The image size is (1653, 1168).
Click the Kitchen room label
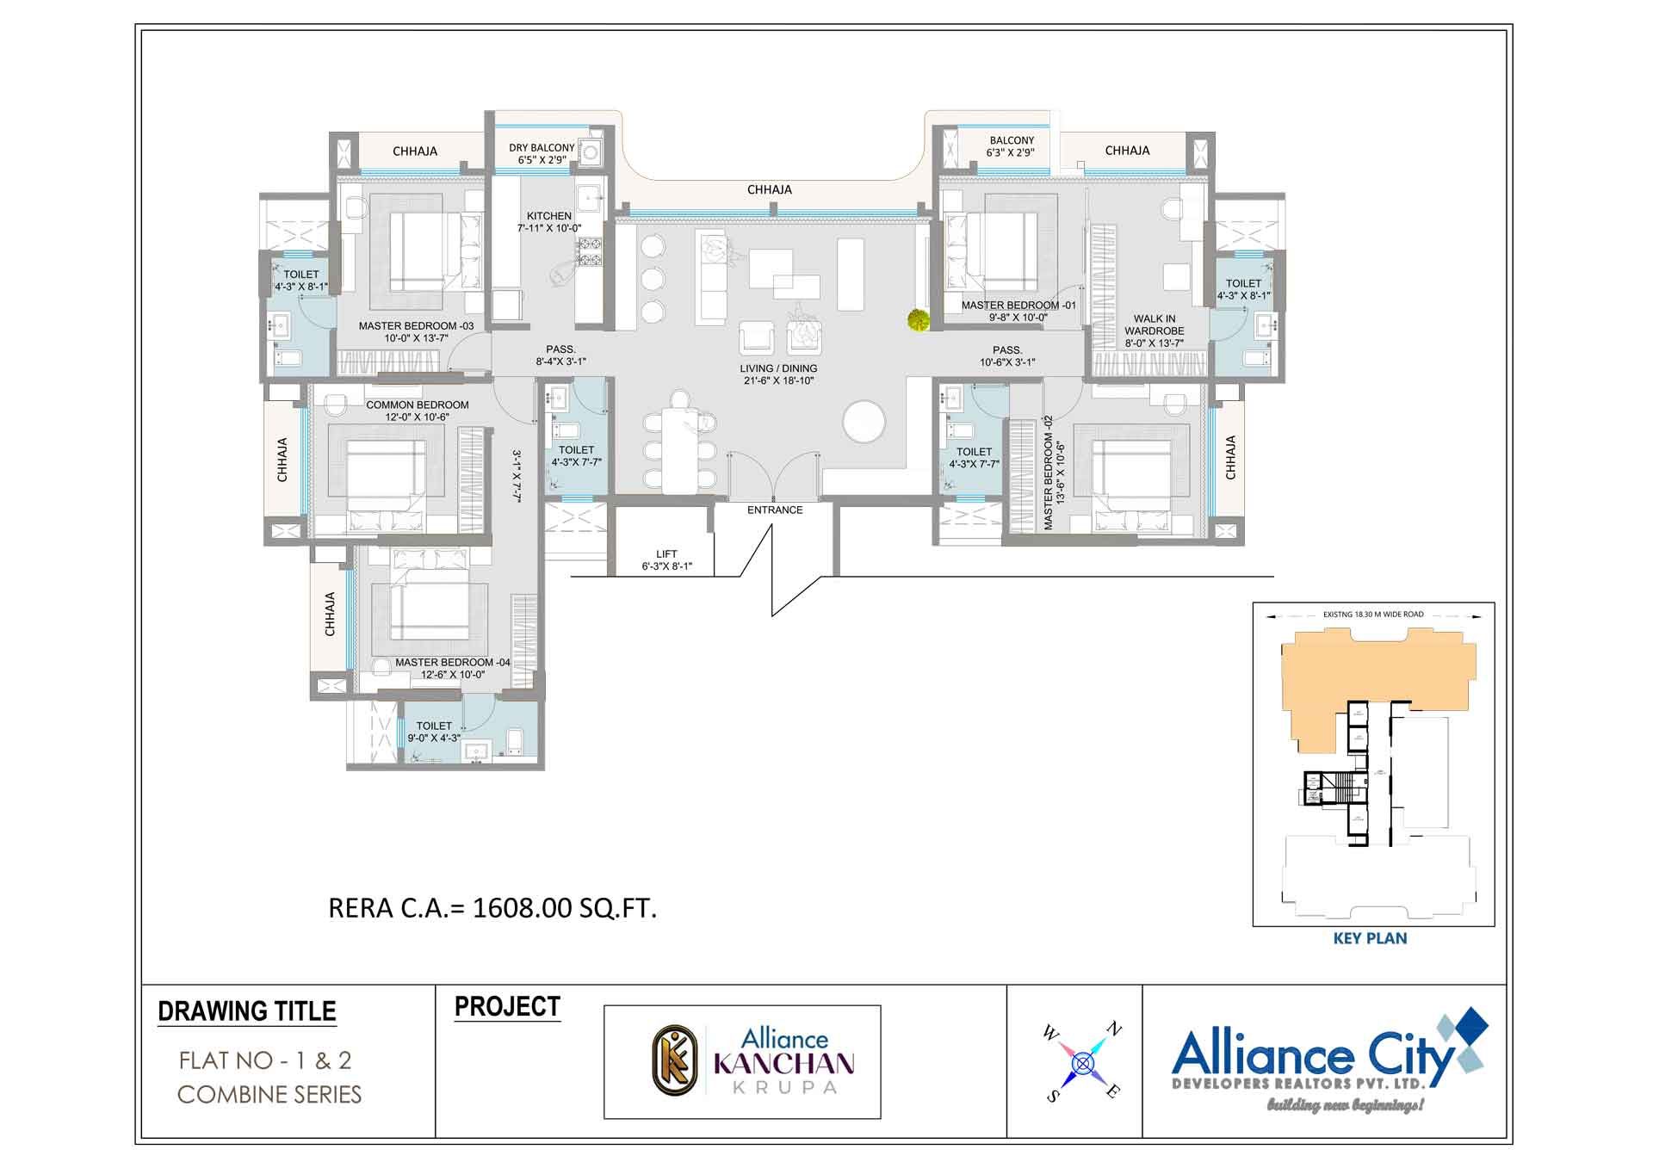pos(548,222)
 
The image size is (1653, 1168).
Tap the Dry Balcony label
pos(541,153)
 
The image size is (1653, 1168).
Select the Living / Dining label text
pos(778,374)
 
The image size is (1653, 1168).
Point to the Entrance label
pos(774,510)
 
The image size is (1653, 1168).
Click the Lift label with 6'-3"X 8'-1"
pos(666,560)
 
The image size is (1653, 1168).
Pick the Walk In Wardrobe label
pos(1154,331)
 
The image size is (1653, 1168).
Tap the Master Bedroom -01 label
pos(1018,311)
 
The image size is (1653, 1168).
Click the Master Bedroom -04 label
pos(452,668)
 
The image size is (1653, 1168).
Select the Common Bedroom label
pos(417,411)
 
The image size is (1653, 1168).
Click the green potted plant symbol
pos(918,320)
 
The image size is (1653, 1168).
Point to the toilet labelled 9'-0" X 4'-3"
pos(434,732)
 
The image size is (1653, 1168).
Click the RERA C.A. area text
pos(492,908)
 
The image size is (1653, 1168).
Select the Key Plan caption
pos(1369,938)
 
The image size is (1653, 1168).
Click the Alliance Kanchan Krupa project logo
pos(742,1061)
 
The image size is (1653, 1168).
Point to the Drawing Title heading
pos(247,1010)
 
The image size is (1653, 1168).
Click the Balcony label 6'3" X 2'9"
pos(1011,146)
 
